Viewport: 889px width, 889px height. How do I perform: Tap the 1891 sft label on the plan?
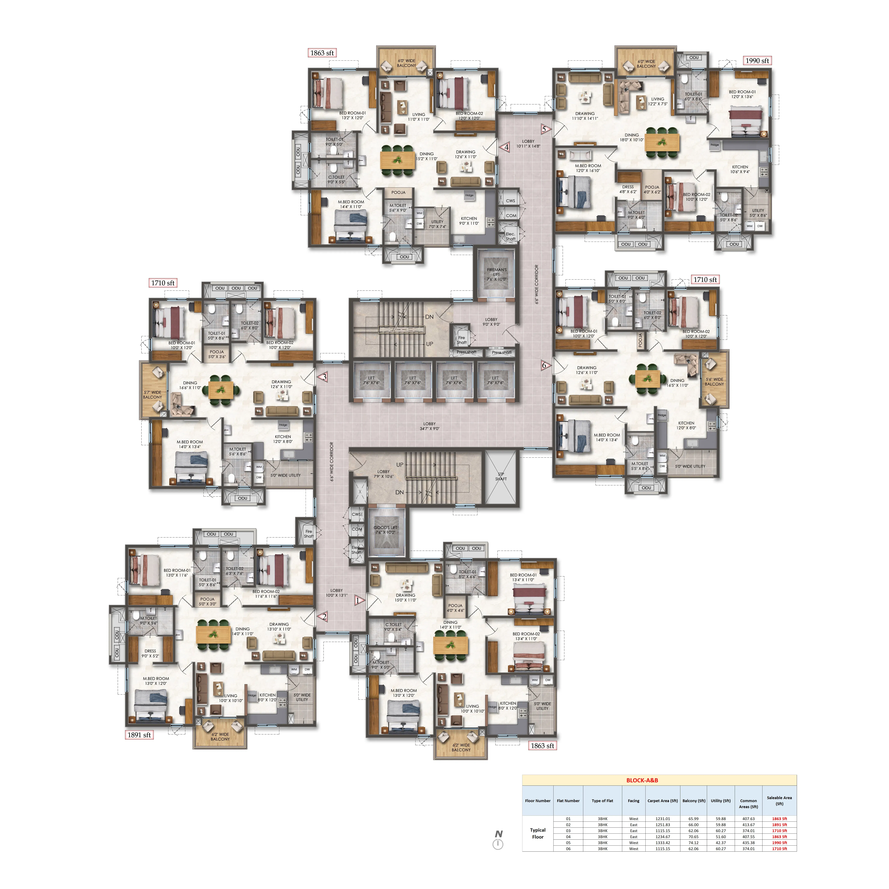pos(139,735)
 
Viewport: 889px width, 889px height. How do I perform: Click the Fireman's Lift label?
pos(497,274)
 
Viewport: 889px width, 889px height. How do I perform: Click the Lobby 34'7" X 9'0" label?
pos(429,426)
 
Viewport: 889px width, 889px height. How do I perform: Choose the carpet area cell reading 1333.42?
pos(663,842)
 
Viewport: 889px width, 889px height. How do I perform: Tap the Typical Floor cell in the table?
pos(537,833)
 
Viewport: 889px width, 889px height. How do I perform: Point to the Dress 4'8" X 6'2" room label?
pos(628,189)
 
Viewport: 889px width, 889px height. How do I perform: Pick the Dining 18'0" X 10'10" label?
pos(631,137)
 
